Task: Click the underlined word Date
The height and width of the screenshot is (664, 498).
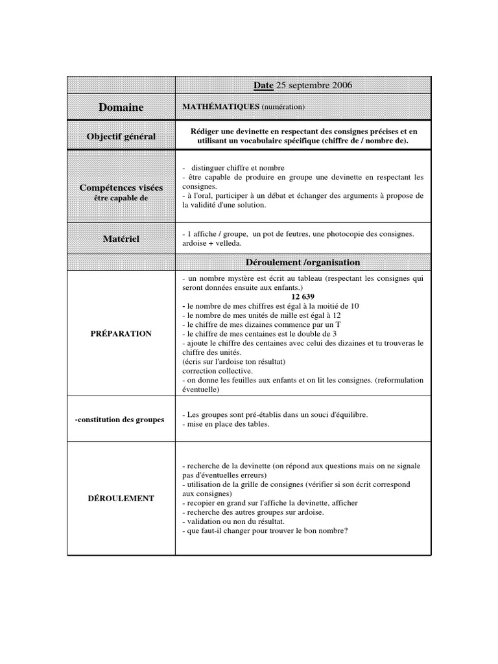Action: point(264,85)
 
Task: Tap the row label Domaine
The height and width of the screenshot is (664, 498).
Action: point(121,107)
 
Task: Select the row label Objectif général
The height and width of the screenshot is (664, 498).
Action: point(121,136)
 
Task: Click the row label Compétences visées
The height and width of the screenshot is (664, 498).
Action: point(121,187)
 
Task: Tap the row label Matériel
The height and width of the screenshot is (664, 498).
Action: point(121,239)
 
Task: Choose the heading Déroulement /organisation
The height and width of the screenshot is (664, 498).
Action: point(303,262)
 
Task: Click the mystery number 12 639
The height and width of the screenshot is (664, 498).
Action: point(303,296)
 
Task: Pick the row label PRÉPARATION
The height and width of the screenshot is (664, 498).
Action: point(121,333)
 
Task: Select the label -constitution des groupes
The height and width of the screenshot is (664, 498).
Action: point(120,420)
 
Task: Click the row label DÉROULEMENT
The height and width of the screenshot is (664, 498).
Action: point(121,498)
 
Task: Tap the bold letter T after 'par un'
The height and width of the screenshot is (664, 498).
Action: point(338,324)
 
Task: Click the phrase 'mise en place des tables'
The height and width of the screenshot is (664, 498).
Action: point(227,424)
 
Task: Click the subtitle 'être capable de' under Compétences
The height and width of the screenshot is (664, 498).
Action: point(121,198)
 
